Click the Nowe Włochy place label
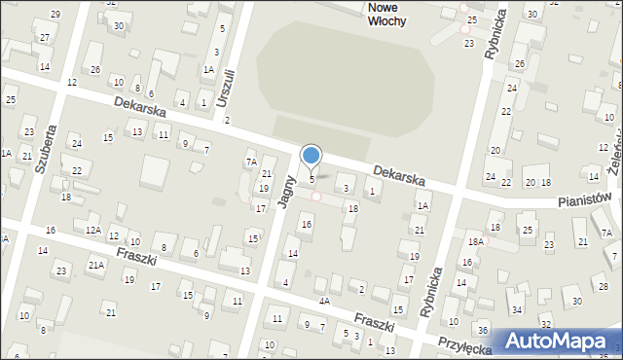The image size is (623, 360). click(394, 13)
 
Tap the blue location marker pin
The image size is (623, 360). click(311, 156)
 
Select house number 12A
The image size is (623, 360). click(92, 230)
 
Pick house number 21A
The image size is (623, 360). click(96, 265)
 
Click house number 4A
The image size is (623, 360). click(325, 302)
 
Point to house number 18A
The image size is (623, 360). click(475, 241)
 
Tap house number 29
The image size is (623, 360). click(55, 14)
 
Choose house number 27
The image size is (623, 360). click(45, 37)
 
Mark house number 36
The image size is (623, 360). click(484, 332)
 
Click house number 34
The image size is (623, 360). click(516, 310)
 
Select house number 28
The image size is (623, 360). click(604, 286)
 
